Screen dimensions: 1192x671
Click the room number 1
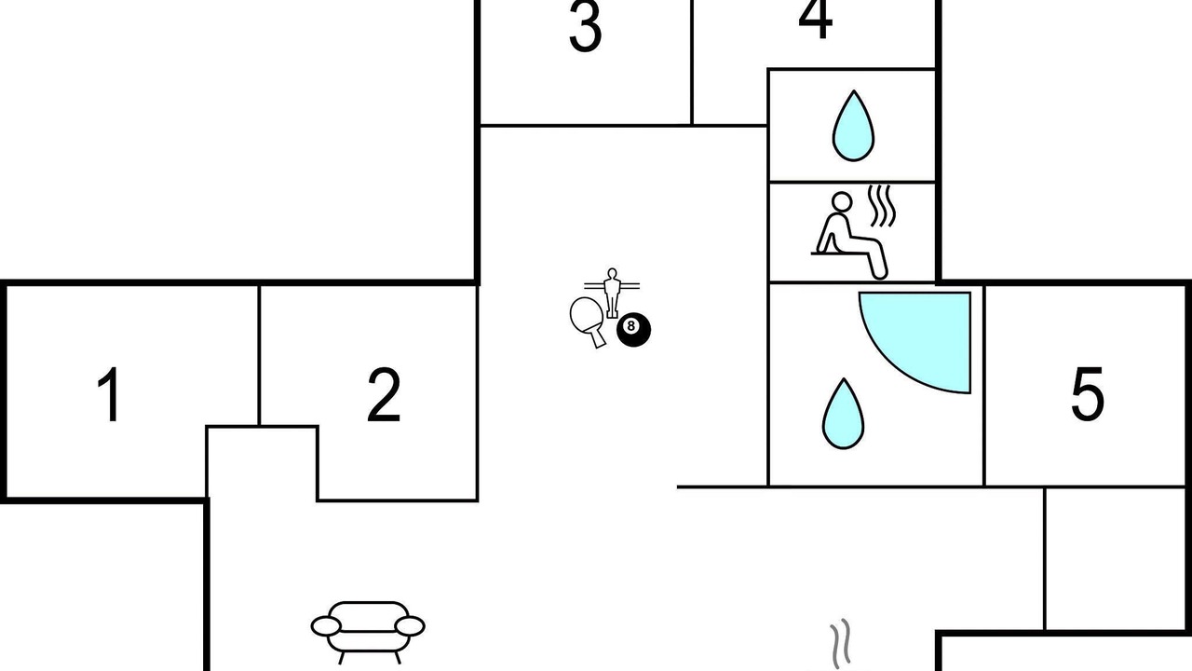110,394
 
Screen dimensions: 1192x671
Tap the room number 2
384,394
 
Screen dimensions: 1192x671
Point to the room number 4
815,20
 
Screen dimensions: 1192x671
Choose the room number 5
1088,394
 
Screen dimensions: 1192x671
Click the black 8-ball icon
633,330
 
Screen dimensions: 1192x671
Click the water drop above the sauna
853,126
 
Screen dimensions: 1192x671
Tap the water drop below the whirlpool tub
843,414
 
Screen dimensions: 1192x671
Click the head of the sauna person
842,202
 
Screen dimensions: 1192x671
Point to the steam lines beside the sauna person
882,206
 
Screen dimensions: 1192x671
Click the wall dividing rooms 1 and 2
259,355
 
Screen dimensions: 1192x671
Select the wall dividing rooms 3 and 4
692,62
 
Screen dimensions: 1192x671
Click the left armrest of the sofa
326,626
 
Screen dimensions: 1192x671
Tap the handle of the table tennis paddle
597,337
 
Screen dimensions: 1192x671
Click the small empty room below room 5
1115,559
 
